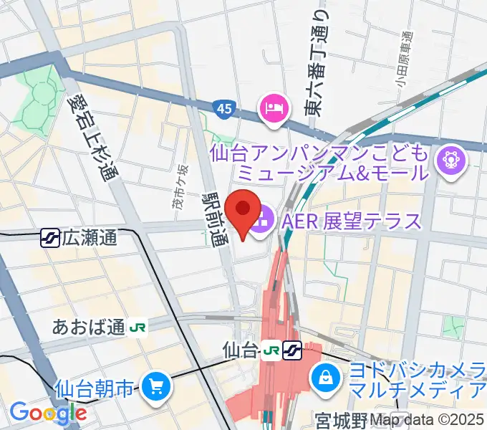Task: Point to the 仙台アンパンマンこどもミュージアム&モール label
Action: click(x=320, y=163)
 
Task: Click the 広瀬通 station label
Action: click(x=90, y=238)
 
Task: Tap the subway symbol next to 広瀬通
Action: click(x=50, y=237)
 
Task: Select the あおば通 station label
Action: click(x=90, y=328)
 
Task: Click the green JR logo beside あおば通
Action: click(x=138, y=328)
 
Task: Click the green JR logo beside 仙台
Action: click(x=271, y=350)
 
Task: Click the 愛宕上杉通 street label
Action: click(x=92, y=139)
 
